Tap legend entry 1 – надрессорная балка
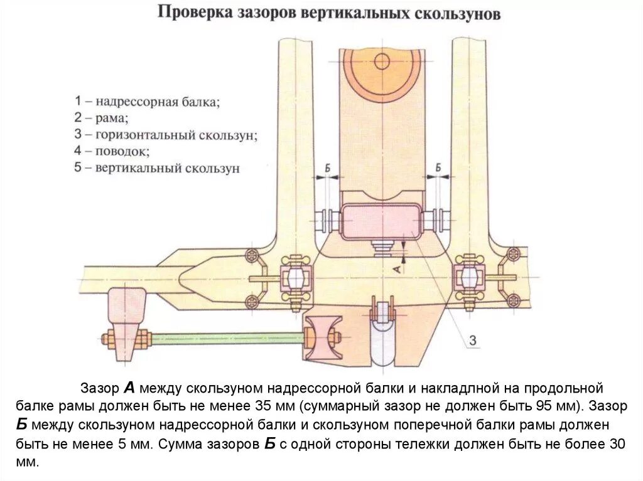coord(147,101)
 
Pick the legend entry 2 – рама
coord(100,117)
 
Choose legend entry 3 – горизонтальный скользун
coord(166,134)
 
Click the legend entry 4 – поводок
coord(112,151)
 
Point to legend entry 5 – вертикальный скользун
coord(156,168)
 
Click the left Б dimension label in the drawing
coord(328,167)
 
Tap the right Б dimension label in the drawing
coord(438,167)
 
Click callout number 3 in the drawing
coord(473,341)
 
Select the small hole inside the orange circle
coord(381,61)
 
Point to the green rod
coord(226,339)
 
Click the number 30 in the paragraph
coord(618,444)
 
